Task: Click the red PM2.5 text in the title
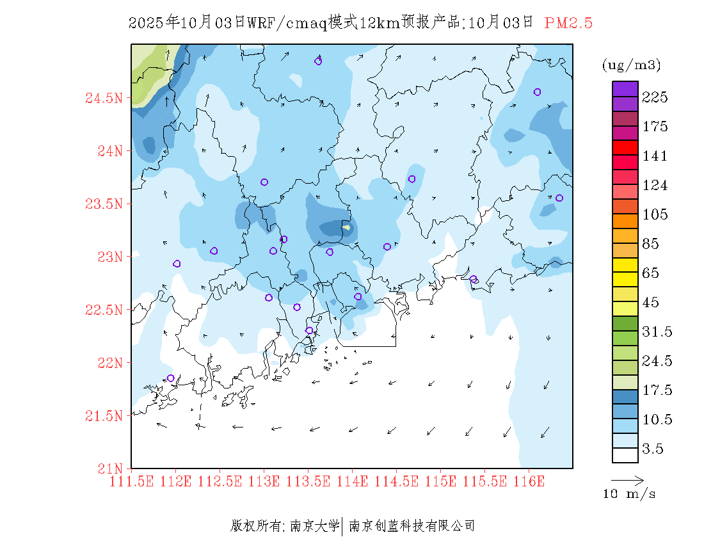tap(568, 23)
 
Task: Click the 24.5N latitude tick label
tap(103, 99)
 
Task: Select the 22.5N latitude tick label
tap(103, 310)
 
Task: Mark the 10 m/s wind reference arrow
tap(627, 479)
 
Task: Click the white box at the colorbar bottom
tap(625, 455)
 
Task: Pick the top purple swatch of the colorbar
tap(625, 88)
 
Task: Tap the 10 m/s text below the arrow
tap(629, 494)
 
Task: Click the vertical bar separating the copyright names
tap(344, 526)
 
